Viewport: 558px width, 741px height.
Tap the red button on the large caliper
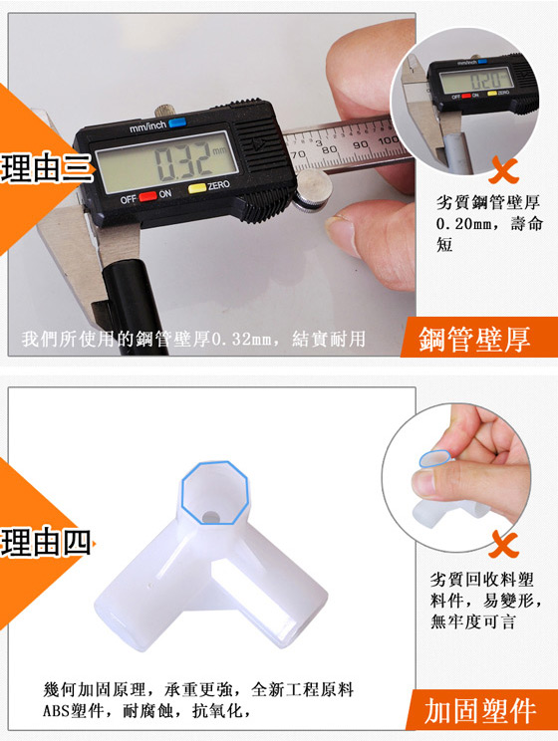click(x=148, y=196)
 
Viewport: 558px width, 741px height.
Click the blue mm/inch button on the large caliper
click(x=177, y=123)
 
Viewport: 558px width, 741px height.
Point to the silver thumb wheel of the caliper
click(x=313, y=189)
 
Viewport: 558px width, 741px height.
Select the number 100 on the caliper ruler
click(x=389, y=140)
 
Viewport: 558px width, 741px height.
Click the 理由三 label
click(x=46, y=167)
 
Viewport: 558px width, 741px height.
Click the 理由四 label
click(x=46, y=542)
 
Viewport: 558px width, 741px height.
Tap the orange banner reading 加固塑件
click(x=481, y=710)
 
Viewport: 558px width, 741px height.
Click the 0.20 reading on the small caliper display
click(x=483, y=80)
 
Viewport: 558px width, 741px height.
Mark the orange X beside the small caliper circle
click(x=504, y=169)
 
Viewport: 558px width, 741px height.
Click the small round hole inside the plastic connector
click(x=209, y=517)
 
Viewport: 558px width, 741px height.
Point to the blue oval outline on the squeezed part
click(x=435, y=458)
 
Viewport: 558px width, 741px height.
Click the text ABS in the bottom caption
click(x=56, y=710)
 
